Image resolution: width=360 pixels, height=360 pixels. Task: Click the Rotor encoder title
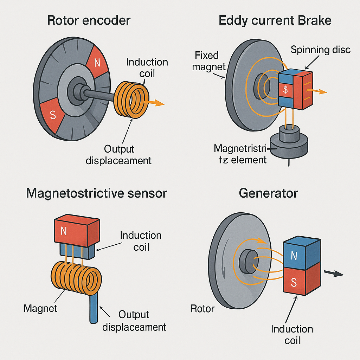tap(89, 20)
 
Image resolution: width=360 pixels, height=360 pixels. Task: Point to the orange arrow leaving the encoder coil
tap(157, 103)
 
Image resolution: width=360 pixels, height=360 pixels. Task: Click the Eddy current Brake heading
tap(275, 20)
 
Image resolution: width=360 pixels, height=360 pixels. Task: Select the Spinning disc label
tap(320, 50)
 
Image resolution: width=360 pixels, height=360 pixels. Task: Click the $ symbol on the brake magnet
tap(285, 90)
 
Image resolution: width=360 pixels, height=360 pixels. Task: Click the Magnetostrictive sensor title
tap(97, 193)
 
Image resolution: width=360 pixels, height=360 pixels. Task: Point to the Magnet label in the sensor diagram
tap(40, 309)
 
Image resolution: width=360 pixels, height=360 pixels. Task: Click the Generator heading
tap(268, 193)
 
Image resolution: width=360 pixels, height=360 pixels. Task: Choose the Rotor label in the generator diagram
tap(202, 309)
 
